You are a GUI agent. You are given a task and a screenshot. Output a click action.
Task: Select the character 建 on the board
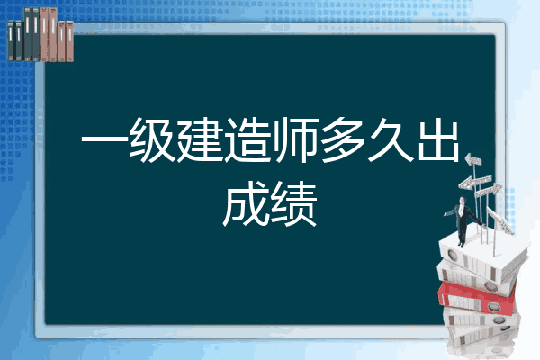pos(200,139)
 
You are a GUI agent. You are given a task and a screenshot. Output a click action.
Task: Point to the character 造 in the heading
pos(248,139)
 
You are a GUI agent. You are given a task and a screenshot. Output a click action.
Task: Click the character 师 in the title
pos(295,139)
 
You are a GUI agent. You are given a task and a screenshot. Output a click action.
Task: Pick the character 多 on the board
pos(343,139)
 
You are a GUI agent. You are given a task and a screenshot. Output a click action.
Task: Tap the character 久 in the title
pos(391,139)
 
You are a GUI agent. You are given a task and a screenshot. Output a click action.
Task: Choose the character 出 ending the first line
pos(438,139)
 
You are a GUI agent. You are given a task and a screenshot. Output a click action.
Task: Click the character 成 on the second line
pos(246,204)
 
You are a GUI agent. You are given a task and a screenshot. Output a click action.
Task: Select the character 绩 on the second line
pos(293,204)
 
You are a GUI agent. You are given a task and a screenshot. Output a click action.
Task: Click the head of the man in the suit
pos(463,200)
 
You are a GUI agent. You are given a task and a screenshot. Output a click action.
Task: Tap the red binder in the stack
pos(477,297)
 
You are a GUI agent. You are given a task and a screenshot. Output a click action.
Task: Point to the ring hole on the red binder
pos(492,306)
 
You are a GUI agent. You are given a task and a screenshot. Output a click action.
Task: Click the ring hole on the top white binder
pos(452,256)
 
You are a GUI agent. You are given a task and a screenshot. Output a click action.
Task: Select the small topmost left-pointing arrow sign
pos(473,159)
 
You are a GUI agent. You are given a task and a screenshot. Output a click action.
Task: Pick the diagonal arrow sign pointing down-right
pos(499,220)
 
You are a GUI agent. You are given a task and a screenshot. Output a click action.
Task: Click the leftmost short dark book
pos(11,41)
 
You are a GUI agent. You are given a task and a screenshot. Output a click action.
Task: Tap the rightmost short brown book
pos(69,41)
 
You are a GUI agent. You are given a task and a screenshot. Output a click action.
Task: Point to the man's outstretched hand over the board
pos(445,214)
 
